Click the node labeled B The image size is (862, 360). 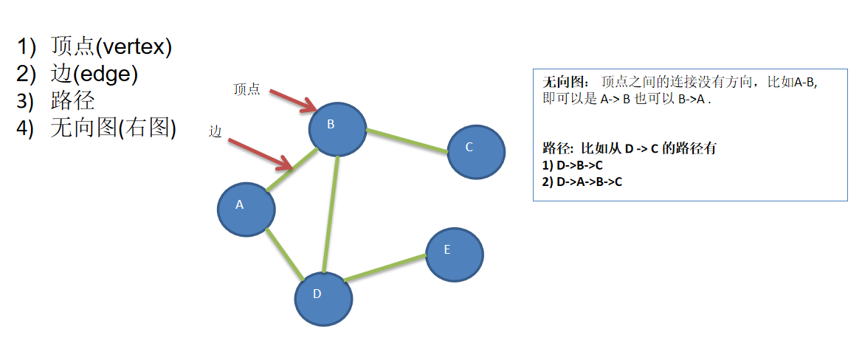[337, 128]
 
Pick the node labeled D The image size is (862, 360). [323, 298]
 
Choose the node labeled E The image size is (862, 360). [454, 255]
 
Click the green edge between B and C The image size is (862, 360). [407, 141]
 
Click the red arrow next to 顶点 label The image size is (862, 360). [293, 102]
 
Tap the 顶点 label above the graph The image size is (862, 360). [246, 89]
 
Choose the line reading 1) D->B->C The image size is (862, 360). [572, 165]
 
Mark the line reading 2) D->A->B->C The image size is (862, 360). [582, 181]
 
